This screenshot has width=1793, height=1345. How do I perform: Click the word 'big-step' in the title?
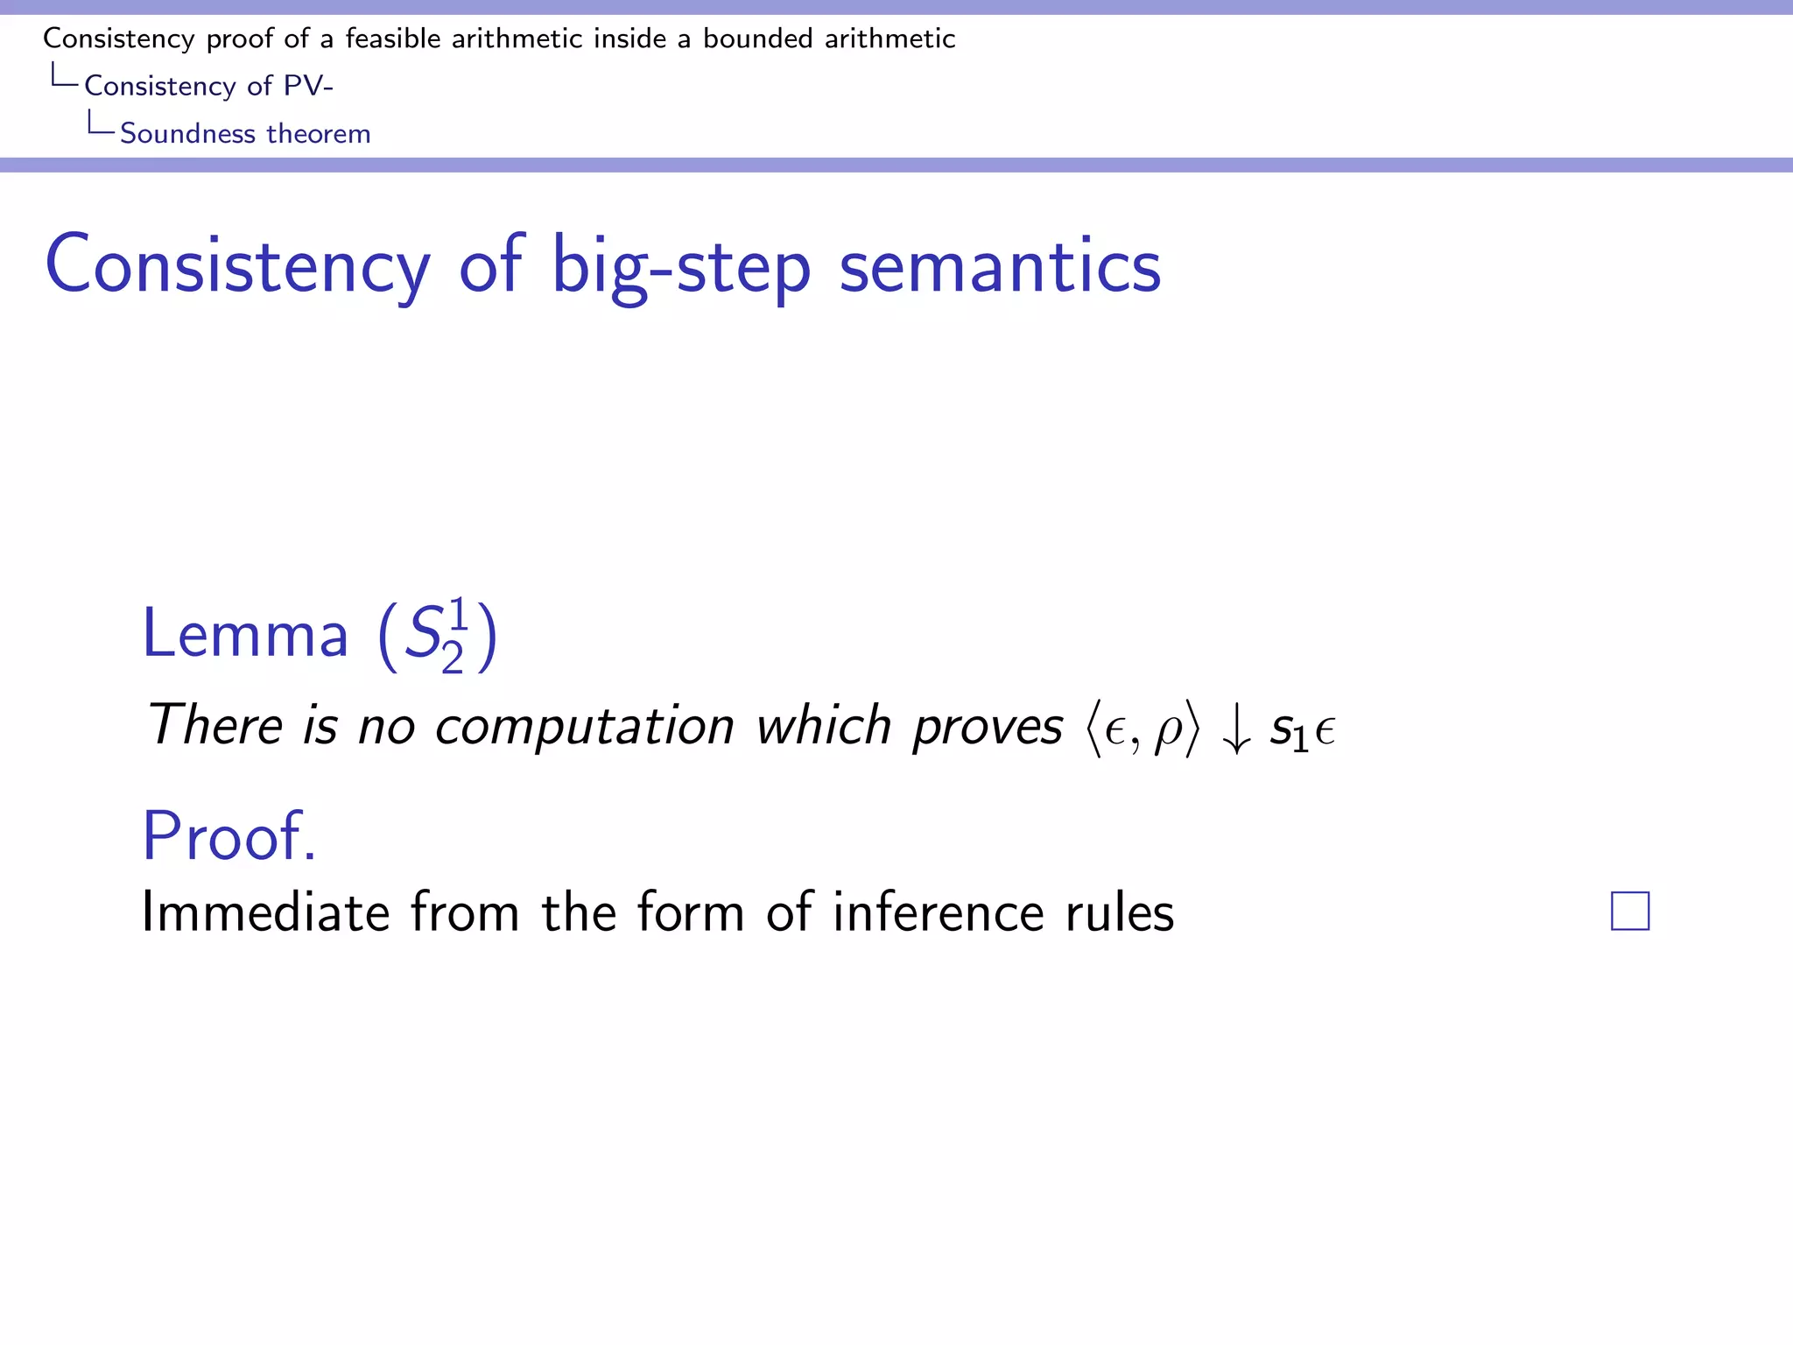click(681, 266)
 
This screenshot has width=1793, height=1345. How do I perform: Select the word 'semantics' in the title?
click(1000, 266)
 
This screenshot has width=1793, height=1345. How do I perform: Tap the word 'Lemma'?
click(245, 634)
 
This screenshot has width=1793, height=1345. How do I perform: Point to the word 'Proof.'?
click(229, 836)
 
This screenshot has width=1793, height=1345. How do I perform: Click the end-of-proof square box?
click(1629, 911)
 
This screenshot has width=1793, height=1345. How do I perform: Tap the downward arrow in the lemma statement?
click(1235, 729)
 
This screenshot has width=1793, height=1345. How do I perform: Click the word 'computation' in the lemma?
click(584, 727)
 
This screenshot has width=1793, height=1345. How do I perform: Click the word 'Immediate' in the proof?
click(265, 912)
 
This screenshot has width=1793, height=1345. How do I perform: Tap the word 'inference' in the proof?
click(938, 912)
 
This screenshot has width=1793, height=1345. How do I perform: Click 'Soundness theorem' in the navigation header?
click(245, 133)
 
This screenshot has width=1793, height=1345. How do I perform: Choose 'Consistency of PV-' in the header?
click(208, 86)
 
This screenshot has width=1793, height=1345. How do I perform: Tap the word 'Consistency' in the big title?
click(237, 266)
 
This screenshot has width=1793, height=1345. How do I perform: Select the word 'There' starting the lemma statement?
click(214, 727)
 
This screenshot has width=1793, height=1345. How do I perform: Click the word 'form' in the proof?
click(691, 912)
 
